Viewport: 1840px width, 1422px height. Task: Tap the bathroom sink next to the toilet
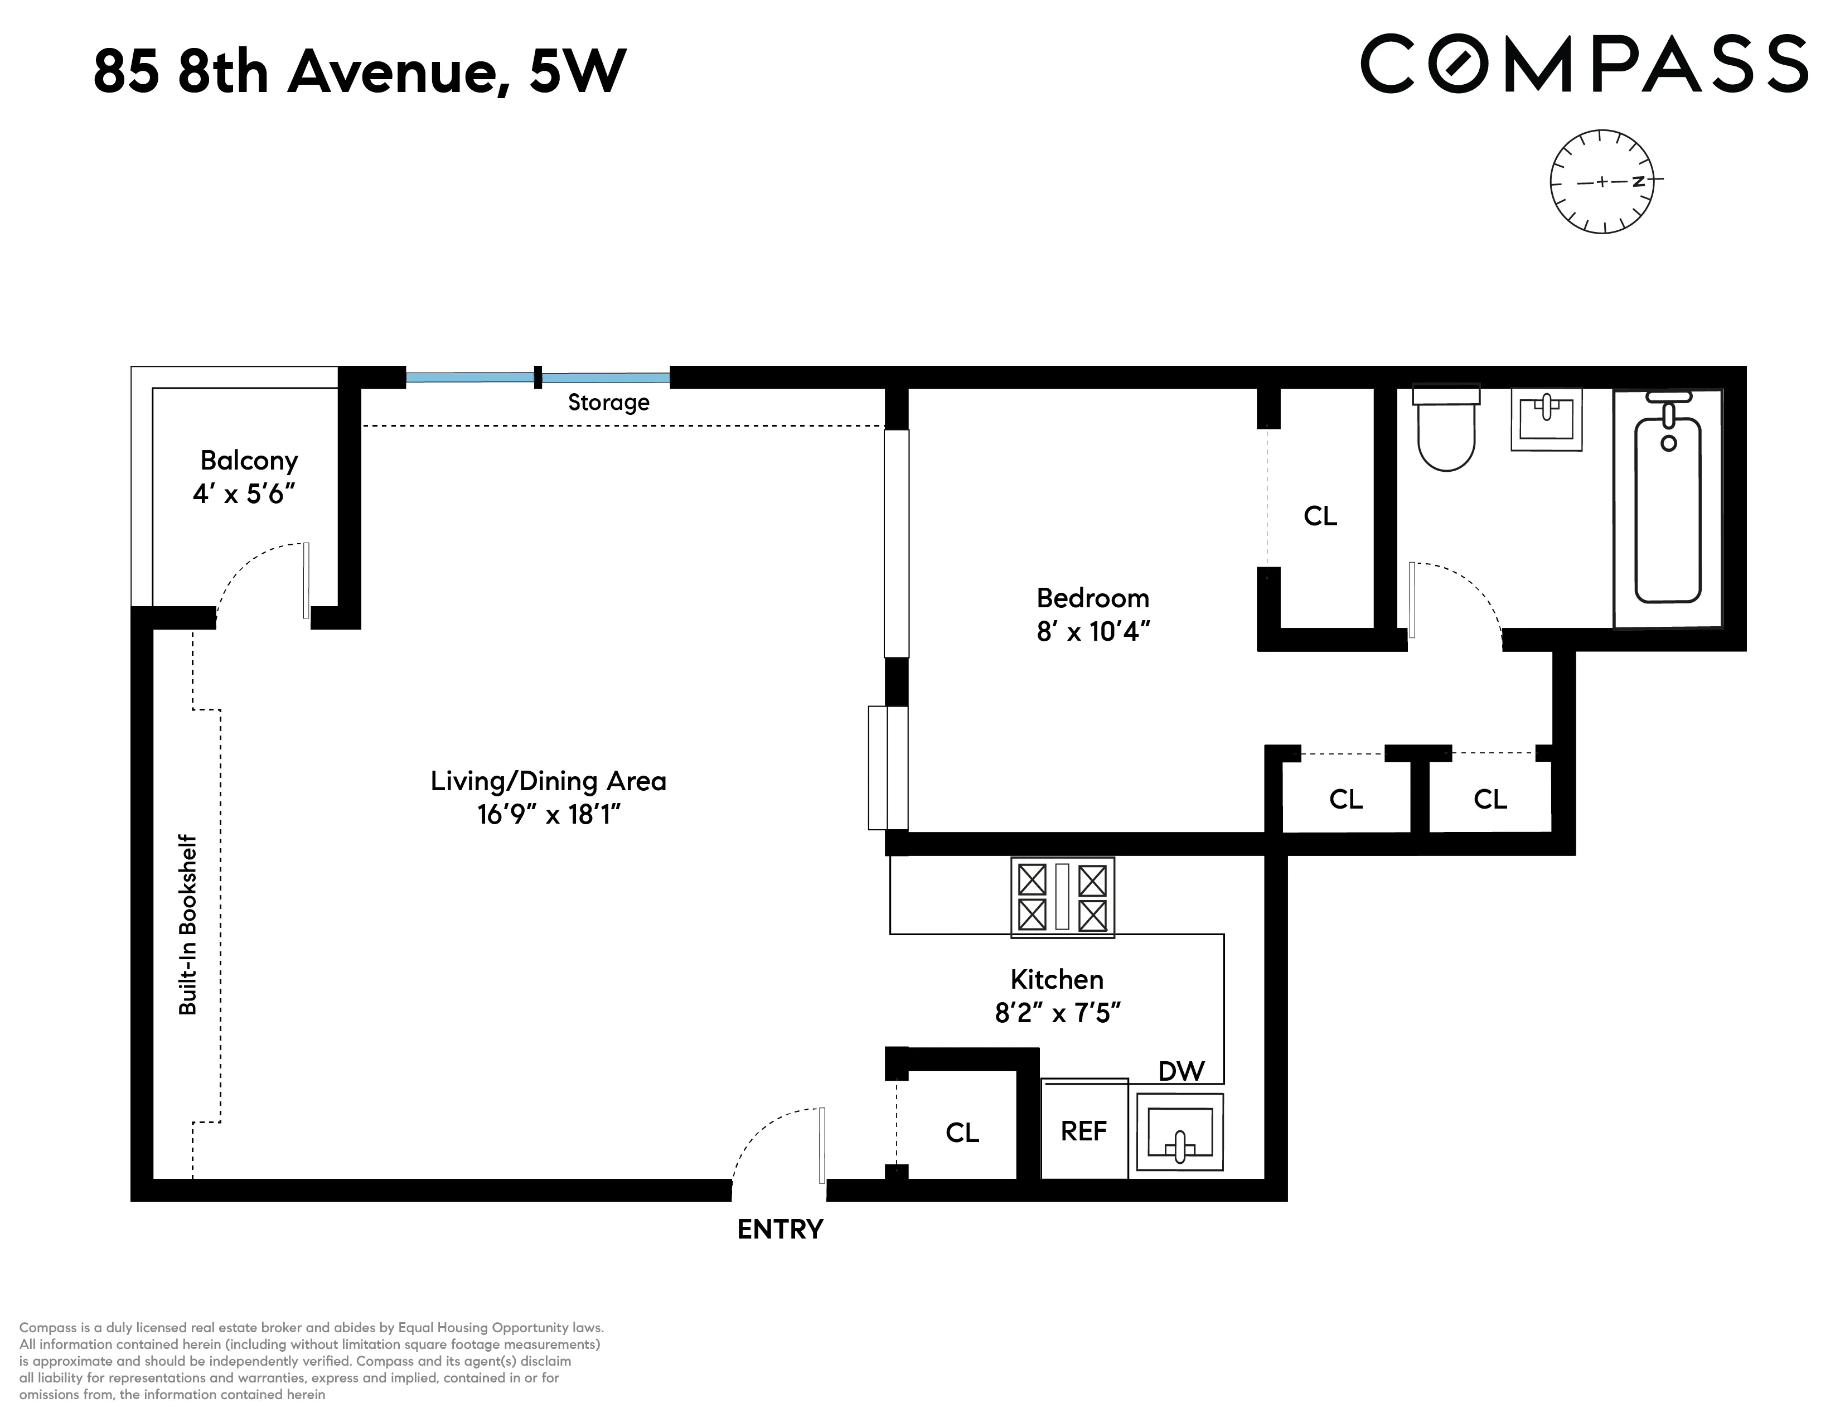(x=1546, y=419)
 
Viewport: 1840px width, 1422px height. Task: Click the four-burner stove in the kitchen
(x=1062, y=898)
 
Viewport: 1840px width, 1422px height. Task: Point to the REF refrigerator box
(x=1083, y=1130)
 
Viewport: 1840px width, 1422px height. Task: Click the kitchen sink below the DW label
(x=1179, y=1132)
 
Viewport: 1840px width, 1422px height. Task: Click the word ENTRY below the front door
(x=779, y=1230)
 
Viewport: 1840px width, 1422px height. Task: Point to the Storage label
(x=608, y=403)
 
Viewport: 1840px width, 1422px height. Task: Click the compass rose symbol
(x=1601, y=181)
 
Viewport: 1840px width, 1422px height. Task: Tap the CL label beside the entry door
(x=962, y=1133)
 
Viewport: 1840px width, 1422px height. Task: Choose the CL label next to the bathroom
(x=1320, y=516)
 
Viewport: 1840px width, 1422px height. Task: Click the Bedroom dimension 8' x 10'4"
(x=1093, y=631)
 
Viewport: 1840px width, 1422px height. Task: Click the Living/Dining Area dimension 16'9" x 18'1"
(x=549, y=815)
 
